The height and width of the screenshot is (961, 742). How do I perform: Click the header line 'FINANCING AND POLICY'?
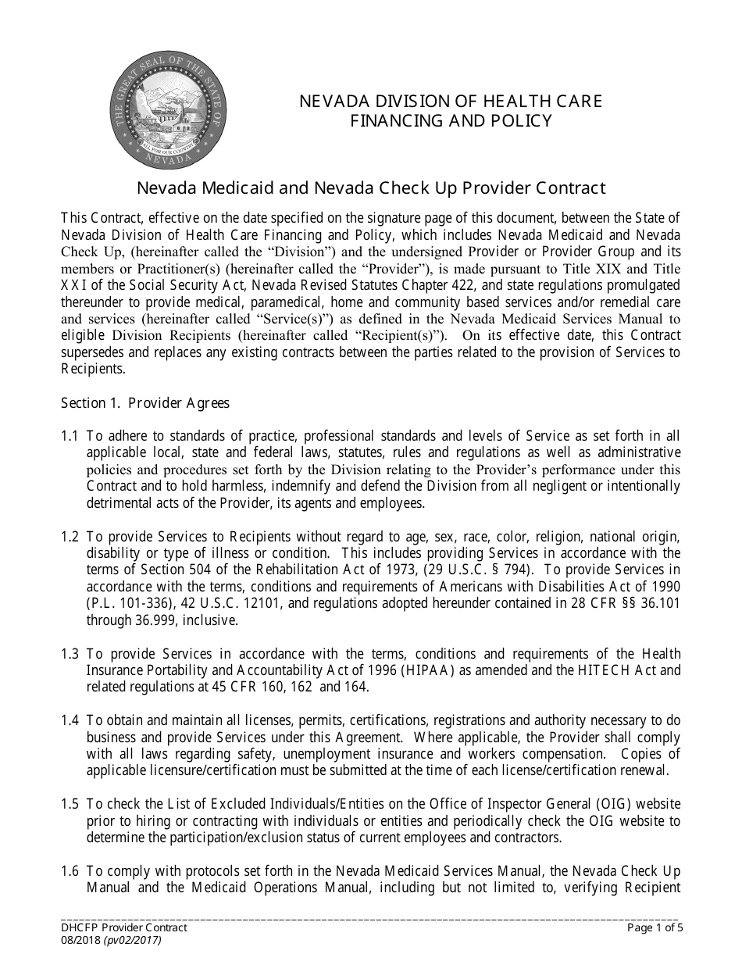click(x=451, y=120)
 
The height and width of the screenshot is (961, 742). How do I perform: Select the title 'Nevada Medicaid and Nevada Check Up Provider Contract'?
click(x=371, y=188)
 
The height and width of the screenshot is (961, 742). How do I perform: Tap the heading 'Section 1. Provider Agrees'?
click(x=145, y=403)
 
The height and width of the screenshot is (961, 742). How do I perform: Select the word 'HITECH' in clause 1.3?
click(x=603, y=670)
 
